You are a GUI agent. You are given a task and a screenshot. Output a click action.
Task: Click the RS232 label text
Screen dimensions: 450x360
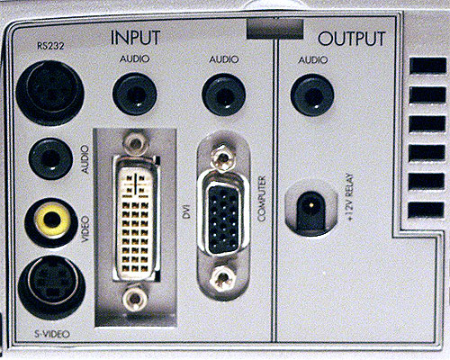[50, 46]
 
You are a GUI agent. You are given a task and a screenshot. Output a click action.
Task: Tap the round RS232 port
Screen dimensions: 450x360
[50, 91]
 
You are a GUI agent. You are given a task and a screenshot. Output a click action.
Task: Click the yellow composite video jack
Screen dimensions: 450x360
[52, 220]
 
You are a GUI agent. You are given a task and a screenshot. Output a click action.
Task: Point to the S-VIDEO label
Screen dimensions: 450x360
[51, 334]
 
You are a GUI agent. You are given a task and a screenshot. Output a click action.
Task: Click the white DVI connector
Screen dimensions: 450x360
[136, 219]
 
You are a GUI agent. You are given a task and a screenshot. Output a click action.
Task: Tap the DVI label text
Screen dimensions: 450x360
[187, 215]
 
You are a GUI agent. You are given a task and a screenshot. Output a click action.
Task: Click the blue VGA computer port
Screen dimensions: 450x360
[223, 219]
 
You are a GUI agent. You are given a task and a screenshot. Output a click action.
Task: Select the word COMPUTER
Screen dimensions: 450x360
[262, 199]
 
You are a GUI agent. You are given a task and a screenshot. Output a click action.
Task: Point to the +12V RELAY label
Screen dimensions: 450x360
[350, 197]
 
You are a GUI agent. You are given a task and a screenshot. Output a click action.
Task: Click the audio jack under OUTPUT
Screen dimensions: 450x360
[312, 95]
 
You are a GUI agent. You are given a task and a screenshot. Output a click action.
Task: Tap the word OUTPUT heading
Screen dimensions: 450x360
[352, 39]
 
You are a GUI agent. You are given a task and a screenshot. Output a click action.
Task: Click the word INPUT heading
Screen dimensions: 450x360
[135, 38]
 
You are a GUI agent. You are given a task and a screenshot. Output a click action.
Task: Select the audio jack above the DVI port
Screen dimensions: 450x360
[135, 94]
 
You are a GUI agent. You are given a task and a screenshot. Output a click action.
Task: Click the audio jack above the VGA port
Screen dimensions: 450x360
[224, 94]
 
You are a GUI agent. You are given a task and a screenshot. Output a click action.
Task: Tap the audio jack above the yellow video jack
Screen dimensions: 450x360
[50, 158]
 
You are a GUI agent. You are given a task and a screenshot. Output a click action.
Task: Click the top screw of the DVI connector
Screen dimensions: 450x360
[136, 142]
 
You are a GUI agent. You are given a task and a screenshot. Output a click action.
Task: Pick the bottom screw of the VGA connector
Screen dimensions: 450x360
[222, 279]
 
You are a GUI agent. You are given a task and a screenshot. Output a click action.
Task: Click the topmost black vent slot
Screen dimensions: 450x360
[427, 66]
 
